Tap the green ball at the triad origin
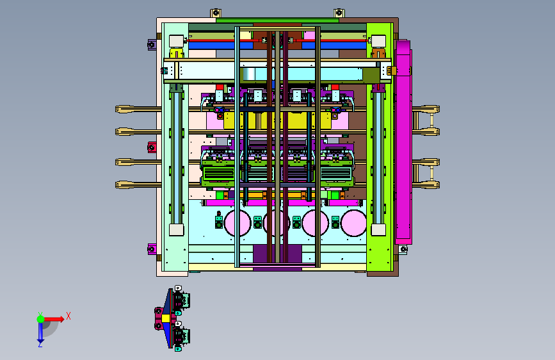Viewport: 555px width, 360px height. [40, 319]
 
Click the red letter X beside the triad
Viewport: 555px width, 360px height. [68, 316]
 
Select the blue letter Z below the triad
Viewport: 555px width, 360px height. [40, 344]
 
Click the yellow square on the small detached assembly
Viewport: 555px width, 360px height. [166, 318]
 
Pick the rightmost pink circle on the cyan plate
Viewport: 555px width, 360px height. [353, 223]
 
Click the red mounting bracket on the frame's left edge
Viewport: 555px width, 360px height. [152, 147]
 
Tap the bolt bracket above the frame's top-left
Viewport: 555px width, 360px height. [216, 13]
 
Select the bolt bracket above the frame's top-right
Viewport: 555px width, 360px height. [339, 13]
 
